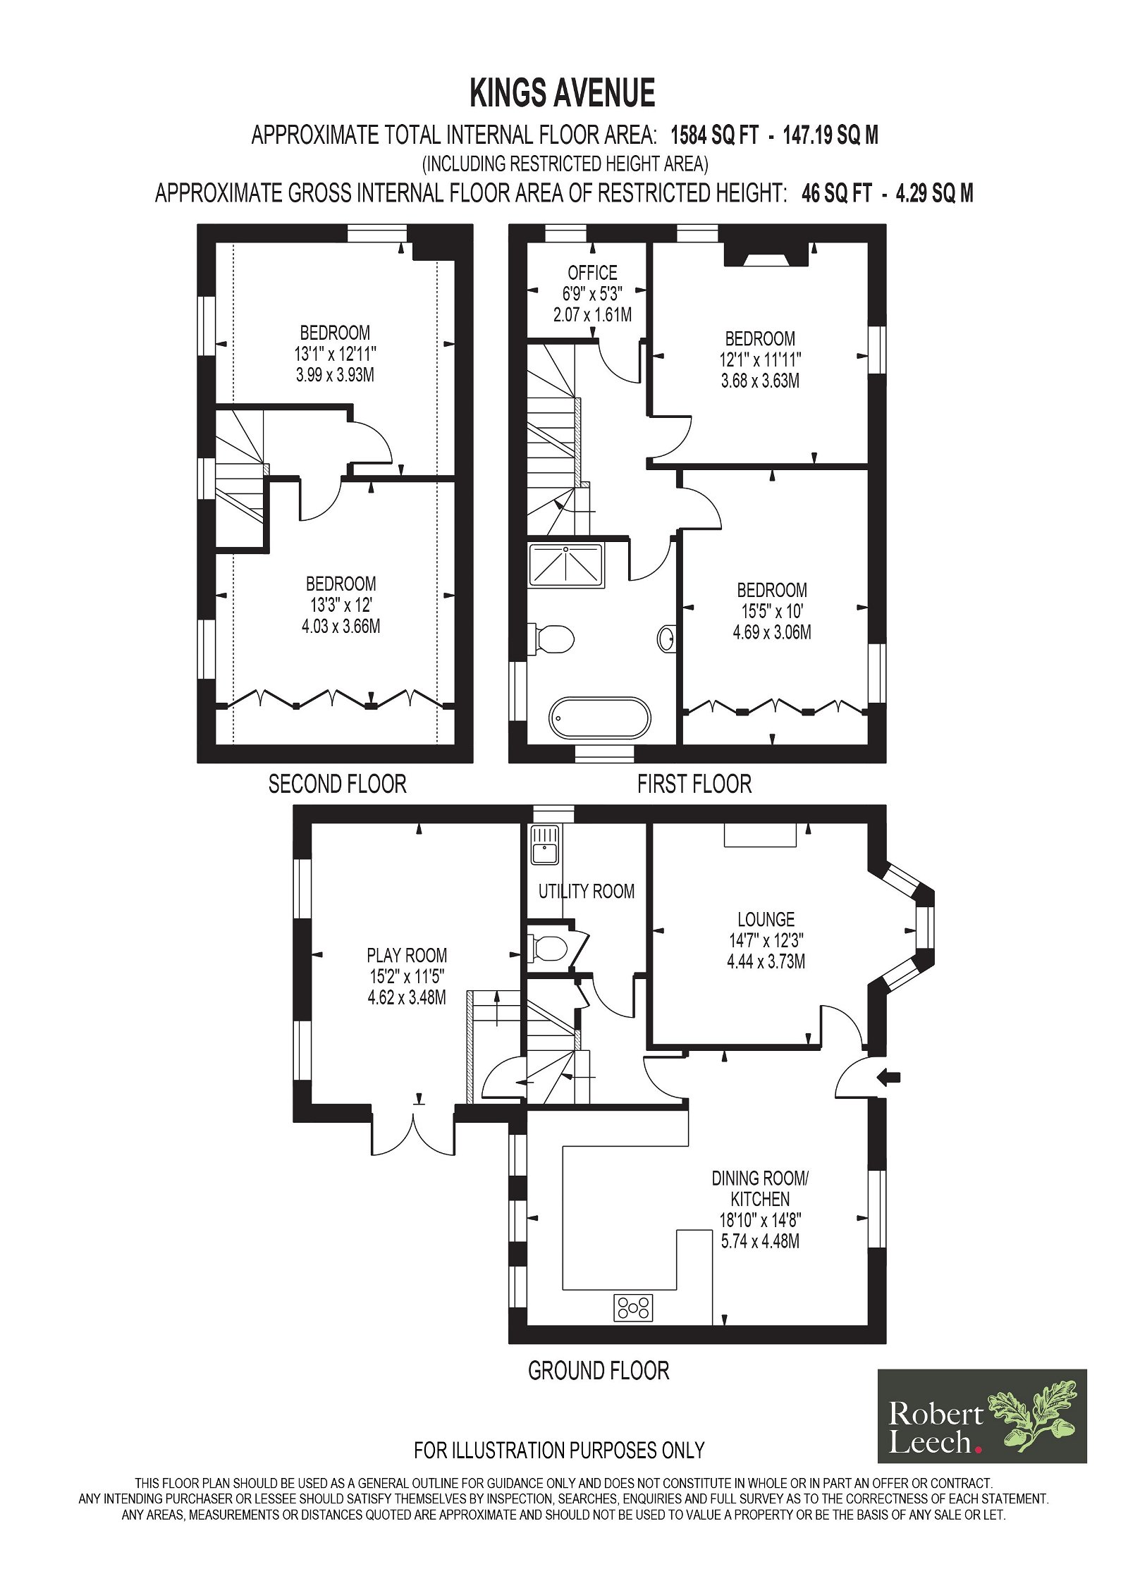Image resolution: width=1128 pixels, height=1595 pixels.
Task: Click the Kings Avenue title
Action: pyautogui.click(x=562, y=93)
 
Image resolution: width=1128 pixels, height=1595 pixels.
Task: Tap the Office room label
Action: pyautogui.click(x=592, y=273)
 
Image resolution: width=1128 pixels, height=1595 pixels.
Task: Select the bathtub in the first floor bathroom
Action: pyautogui.click(x=599, y=718)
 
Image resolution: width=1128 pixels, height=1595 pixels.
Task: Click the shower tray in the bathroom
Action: pyautogui.click(x=566, y=565)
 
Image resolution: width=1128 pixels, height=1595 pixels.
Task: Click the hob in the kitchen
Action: pyautogui.click(x=634, y=1308)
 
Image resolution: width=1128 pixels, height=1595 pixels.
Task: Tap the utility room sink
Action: pyautogui.click(x=544, y=845)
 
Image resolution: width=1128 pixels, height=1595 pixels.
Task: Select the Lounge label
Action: pyautogui.click(x=766, y=919)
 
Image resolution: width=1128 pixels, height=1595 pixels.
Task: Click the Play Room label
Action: pyautogui.click(x=407, y=955)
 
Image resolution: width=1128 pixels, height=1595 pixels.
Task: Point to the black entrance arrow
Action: pyautogui.click(x=890, y=1076)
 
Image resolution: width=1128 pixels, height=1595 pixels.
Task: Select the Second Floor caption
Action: pyautogui.click(x=337, y=784)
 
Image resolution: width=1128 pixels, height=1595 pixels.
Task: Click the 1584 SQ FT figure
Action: pyautogui.click(x=713, y=135)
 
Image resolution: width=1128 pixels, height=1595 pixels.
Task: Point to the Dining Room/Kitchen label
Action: pyautogui.click(x=760, y=1188)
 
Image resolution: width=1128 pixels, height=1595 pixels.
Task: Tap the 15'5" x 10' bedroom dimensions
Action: pyautogui.click(x=772, y=611)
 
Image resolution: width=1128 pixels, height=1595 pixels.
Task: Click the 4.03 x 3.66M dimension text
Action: pyautogui.click(x=341, y=626)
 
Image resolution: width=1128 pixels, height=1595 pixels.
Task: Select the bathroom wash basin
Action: pyautogui.click(x=667, y=639)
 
